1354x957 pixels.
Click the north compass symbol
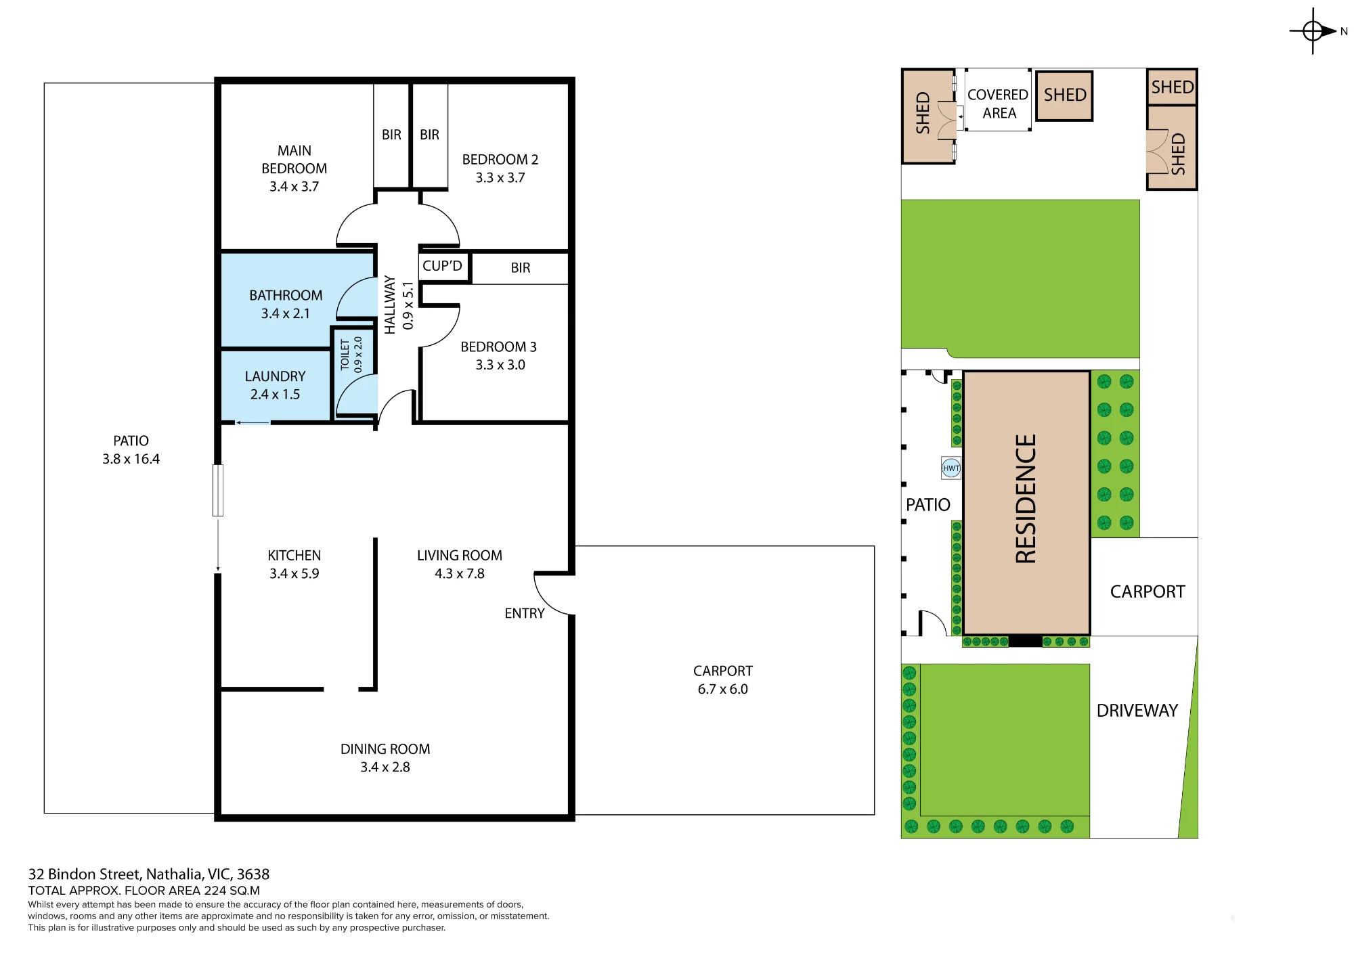click(x=1313, y=31)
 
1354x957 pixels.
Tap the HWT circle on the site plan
click(x=951, y=468)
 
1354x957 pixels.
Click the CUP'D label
click(x=442, y=266)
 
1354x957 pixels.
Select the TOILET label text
click(x=345, y=355)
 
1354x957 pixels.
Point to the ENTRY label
click(x=525, y=613)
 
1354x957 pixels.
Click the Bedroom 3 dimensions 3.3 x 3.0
click(x=500, y=365)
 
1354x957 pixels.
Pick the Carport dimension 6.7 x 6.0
click(x=723, y=689)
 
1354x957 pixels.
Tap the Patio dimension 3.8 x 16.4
click(x=131, y=459)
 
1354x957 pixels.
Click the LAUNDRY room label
click(x=275, y=376)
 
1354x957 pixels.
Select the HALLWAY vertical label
click(x=390, y=305)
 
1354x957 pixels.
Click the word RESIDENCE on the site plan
click(x=1026, y=499)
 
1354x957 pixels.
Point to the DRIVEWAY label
click(x=1137, y=711)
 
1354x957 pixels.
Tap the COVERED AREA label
click(x=998, y=104)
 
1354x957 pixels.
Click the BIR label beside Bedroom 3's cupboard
click(x=521, y=268)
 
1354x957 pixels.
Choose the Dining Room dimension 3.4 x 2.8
click(x=385, y=767)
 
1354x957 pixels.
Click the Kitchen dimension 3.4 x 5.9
click(x=294, y=573)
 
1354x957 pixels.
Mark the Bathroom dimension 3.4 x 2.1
click(x=286, y=313)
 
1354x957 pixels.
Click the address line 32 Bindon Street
click(x=149, y=874)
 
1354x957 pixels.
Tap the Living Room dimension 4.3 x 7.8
click(x=460, y=573)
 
